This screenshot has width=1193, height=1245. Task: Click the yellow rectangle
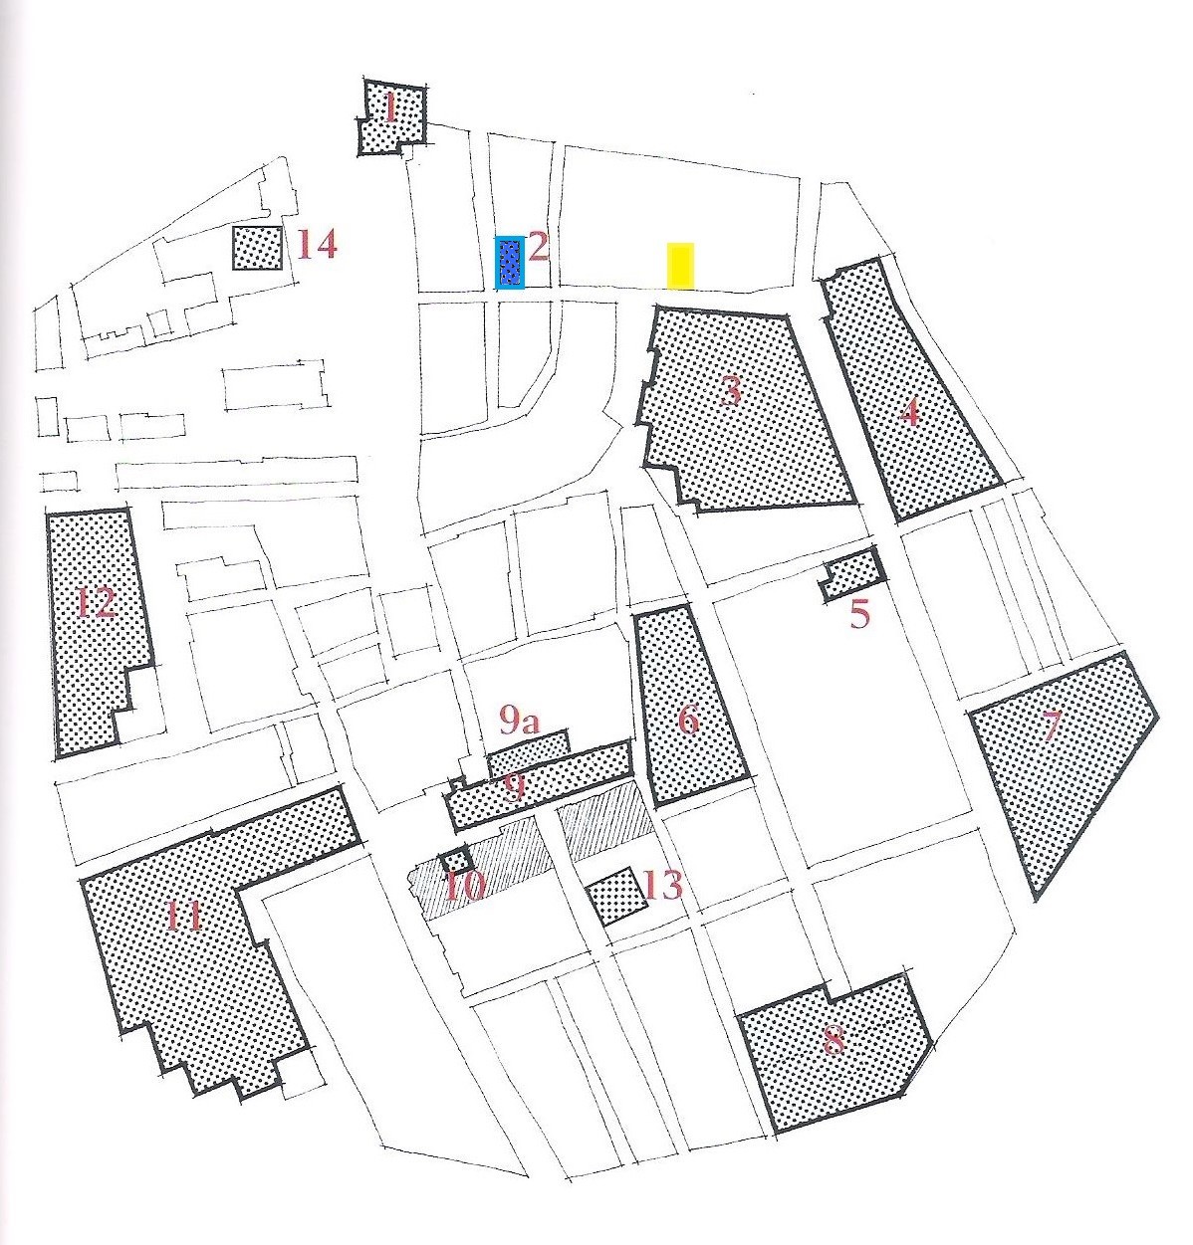pyautogui.click(x=680, y=266)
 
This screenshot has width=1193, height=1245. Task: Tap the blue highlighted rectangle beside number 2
pyautogui.click(x=510, y=263)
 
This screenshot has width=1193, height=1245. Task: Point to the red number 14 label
pyautogui.click(x=317, y=244)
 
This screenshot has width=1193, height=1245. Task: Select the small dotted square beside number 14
pyautogui.click(x=257, y=248)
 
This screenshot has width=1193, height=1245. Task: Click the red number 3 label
pyautogui.click(x=730, y=391)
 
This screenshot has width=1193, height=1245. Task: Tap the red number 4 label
pyautogui.click(x=909, y=414)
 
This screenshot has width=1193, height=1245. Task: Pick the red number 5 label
pyautogui.click(x=859, y=615)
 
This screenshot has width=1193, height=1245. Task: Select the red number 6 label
pyautogui.click(x=689, y=721)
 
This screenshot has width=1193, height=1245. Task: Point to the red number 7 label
pyautogui.click(x=1051, y=726)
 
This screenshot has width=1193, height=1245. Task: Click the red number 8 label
pyautogui.click(x=834, y=1040)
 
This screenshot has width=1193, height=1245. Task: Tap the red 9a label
pyautogui.click(x=520, y=722)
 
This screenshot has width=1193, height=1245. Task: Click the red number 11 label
pyautogui.click(x=184, y=915)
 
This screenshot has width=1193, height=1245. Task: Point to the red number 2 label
pyautogui.click(x=539, y=248)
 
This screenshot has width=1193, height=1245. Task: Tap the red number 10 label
pyautogui.click(x=465, y=887)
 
